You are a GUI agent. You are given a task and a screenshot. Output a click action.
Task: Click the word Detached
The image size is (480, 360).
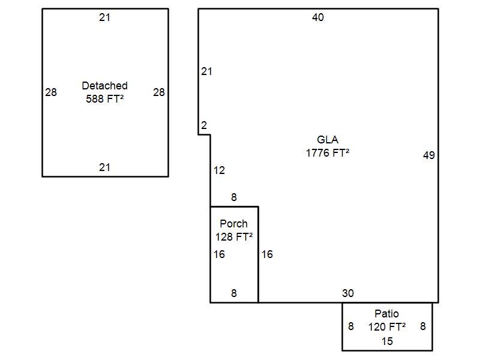(x=104, y=86)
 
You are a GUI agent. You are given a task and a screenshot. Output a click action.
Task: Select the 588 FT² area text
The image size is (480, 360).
(x=104, y=98)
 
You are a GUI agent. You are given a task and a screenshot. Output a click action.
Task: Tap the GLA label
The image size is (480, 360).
(x=328, y=140)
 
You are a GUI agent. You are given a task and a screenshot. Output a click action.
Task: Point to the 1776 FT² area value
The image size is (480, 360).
(x=328, y=152)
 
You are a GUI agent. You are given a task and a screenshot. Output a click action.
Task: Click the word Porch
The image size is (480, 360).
(x=233, y=224)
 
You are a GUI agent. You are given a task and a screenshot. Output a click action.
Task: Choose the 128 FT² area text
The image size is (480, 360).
(x=233, y=236)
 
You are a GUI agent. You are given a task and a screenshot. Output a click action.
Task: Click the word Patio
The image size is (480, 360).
(x=386, y=314)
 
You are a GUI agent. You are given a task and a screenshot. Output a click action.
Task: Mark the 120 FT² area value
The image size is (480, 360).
(x=386, y=326)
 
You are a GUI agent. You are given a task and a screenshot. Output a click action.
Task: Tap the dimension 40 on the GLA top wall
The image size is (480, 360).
(x=318, y=17)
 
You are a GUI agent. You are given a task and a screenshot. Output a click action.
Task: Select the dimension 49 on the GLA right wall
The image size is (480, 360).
(x=428, y=155)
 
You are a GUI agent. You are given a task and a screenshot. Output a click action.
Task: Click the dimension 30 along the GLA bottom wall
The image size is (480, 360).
(x=348, y=293)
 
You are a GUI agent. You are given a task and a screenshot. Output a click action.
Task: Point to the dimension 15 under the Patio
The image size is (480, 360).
(x=387, y=341)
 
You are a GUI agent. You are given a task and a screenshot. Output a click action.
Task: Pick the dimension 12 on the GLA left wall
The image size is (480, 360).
(x=219, y=170)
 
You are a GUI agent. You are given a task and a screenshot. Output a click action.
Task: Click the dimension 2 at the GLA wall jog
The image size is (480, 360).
(x=204, y=125)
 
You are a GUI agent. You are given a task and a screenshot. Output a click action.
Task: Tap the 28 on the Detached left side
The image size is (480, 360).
(x=51, y=92)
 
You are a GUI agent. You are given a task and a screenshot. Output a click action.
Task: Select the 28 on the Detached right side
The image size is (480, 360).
(x=158, y=92)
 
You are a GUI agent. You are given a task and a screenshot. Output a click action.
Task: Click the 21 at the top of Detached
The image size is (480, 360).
(x=104, y=17)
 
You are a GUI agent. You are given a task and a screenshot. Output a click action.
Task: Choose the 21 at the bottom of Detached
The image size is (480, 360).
(x=104, y=167)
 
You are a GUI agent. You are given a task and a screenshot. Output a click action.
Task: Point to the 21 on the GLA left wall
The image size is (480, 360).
(x=206, y=71)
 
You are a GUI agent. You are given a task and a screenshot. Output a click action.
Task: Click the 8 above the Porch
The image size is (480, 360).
(x=233, y=197)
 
